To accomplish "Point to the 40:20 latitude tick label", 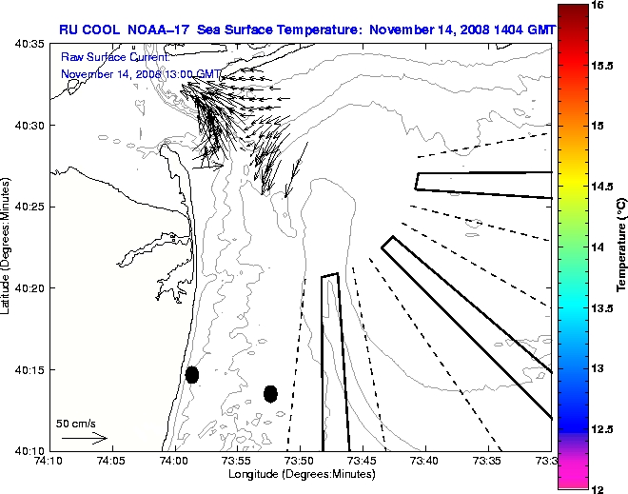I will coord(29,288).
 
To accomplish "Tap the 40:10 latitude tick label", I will coord(29,450).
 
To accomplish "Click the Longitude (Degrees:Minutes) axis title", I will coord(300,474).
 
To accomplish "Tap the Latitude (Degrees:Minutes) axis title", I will coord(8,247).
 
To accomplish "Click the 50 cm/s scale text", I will coord(76,424).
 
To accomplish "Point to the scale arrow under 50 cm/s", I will coord(84,439).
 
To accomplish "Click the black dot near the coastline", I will coord(192,374).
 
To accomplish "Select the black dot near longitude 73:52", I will coord(270,393).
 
